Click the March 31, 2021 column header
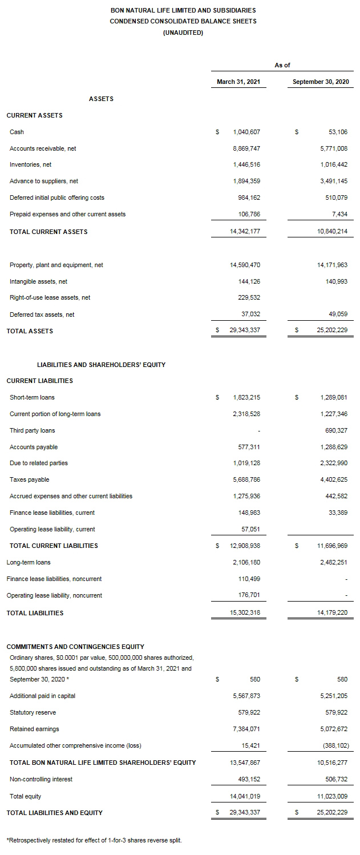coord(238,82)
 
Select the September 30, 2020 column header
coord(321,82)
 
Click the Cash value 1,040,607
coord(246,132)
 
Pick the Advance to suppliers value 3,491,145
coord(334,182)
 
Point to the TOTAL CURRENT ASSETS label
coord(48,232)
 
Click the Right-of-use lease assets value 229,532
coord(249,297)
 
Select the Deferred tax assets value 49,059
coord(337,314)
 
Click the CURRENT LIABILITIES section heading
coord(39,381)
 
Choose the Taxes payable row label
coord(30,480)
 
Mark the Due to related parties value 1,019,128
coord(246,463)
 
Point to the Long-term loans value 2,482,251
coord(334,562)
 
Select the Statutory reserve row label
coord(33,712)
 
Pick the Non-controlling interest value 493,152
coord(249,779)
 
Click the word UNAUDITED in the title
coord(183,33)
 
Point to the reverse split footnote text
coord(94,840)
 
